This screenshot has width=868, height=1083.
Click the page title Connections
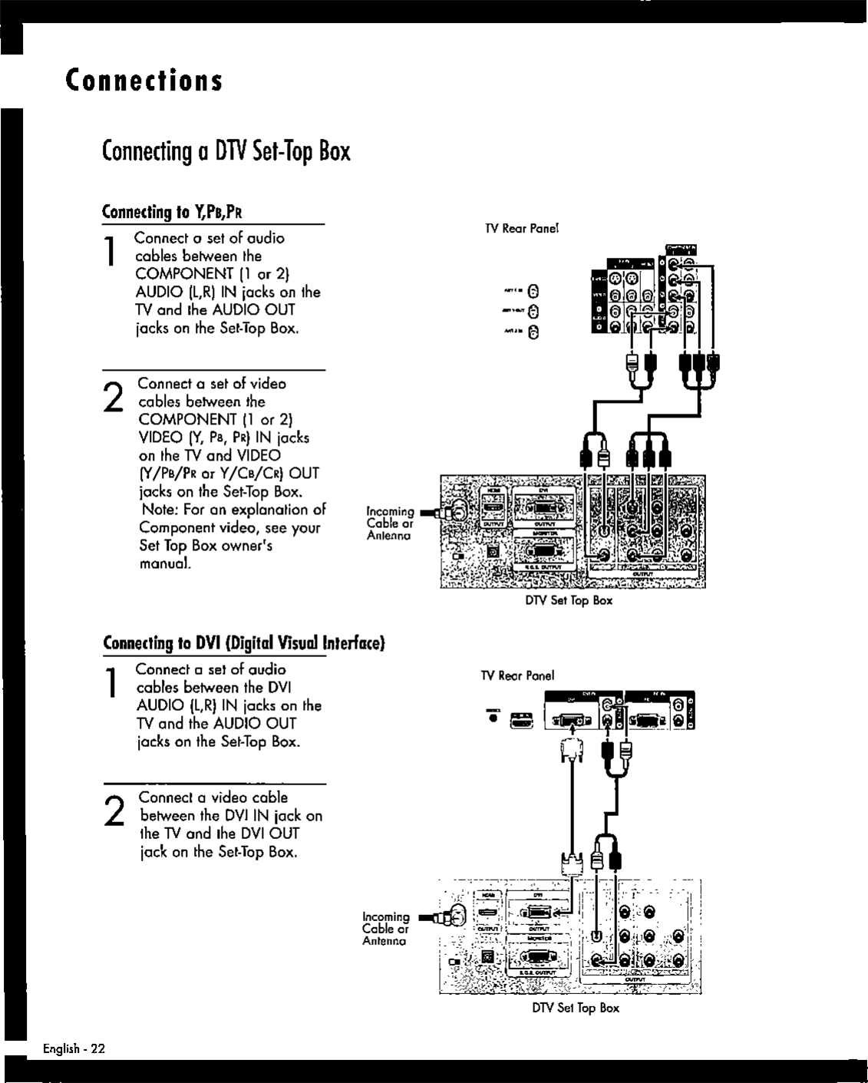(x=144, y=80)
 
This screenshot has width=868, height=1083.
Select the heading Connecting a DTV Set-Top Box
(x=226, y=151)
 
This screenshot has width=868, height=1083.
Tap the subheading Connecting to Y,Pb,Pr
(x=173, y=212)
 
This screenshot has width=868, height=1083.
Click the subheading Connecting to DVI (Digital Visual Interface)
(x=243, y=642)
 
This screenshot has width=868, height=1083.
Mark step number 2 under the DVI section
(x=114, y=811)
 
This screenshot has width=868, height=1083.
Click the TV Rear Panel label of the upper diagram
(x=521, y=229)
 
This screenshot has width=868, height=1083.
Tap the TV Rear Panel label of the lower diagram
(x=517, y=675)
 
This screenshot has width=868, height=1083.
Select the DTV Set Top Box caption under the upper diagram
(x=569, y=600)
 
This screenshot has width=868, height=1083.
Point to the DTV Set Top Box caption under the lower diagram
(x=575, y=1008)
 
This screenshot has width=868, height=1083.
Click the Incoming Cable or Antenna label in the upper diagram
(x=390, y=523)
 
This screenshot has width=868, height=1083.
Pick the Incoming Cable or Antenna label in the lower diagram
(x=385, y=929)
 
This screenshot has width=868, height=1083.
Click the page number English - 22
(x=74, y=1048)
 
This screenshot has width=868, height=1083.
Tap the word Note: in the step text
(x=158, y=510)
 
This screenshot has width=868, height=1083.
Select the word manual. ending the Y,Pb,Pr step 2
(x=165, y=563)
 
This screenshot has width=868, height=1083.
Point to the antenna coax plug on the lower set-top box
(x=446, y=916)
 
